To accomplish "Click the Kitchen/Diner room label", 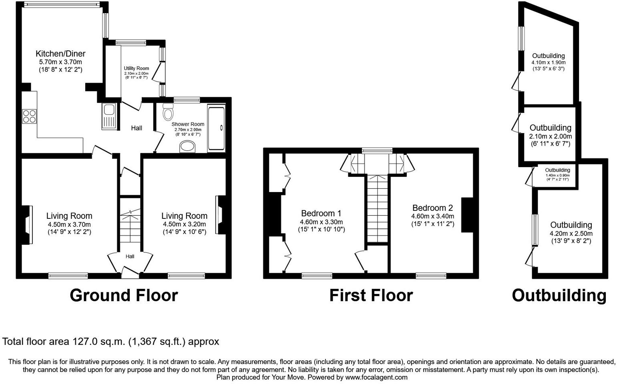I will pyautogui.click(x=60, y=54).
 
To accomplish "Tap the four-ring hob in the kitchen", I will pyautogui.click(x=29, y=116).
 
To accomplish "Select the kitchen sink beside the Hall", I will pyautogui.click(x=109, y=116).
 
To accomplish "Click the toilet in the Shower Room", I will pyautogui.click(x=167, y=112).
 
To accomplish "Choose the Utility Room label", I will pyautogui.click(x=136, y=68).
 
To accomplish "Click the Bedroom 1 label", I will pyautogui.click(x=321, y=213).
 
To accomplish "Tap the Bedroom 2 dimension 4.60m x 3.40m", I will pyautogui.click(x=432, y=216).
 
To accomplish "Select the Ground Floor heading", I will pyautogui.click(x=124, y=295).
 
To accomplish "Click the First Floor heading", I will pyautogui.click(x=371, y=295).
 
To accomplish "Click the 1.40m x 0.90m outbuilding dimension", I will pyautogui.click(x=557, y=175).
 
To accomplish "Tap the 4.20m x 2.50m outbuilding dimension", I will pyautogui.click(x=571, y=234).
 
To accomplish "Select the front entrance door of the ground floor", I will pyautogui.click(x=130, y=273).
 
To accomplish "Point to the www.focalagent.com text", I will pyautogui.click(x=376, y=377).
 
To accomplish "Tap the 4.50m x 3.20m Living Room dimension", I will pyautogui.click(x=184, y=224).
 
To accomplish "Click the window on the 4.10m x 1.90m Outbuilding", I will pyautogui.click(x=521, y=38).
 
